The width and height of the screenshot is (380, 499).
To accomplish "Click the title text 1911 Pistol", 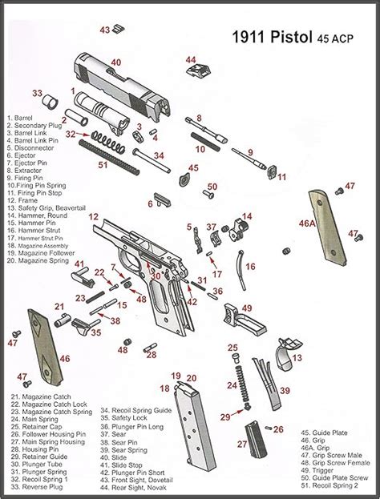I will click(x=272, y=37).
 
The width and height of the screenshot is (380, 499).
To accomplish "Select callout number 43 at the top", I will click(x=104, y=30).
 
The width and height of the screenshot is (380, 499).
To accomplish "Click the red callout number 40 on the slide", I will click(x=116, y=62).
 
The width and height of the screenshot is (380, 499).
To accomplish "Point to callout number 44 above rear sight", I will click(x=190, y=60).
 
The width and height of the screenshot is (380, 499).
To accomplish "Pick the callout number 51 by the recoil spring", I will click(x=102, y=165).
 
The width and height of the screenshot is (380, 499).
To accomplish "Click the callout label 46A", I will click(x=307, y=225).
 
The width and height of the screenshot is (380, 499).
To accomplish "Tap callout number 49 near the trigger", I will click(x=247, y=308).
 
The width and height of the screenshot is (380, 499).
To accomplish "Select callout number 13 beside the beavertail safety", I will click(x=297, y=358).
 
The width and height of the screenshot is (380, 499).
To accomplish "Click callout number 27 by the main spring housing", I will click(x=241, y=444).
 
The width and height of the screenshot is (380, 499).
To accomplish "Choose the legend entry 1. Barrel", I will click(x=21, y=118).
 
